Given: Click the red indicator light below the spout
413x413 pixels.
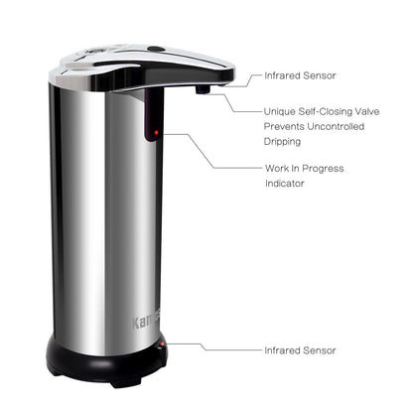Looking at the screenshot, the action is (x=156, y=133).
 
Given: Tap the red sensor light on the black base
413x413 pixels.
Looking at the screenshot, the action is (x=162, y=344).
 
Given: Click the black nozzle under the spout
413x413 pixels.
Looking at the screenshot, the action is (x=203, y=89).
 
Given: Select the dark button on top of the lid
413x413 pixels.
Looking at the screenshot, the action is (x=156, y=49).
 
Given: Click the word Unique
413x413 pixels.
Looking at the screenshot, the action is (x=280, y=112).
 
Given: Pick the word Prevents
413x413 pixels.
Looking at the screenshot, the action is (x=284, y=126).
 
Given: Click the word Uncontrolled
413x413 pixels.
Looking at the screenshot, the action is (x=336, y=126).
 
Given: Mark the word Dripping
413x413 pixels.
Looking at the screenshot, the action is (x=282, y=142).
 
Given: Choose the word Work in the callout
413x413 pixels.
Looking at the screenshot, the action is (x=277, y=169).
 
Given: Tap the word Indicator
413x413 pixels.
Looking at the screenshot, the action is (x=285, y=184).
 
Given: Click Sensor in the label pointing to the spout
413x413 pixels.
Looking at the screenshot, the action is (x=320, y=75).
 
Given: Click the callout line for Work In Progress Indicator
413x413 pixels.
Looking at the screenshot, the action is (x=212, y=151).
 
